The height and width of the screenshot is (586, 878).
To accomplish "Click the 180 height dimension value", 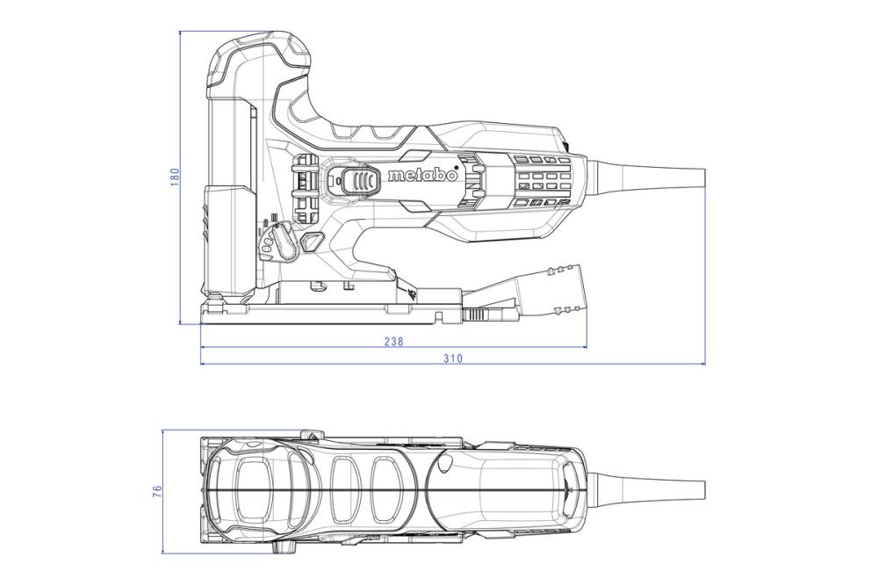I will (174, 177).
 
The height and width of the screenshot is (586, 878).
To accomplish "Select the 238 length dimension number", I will (394, 342).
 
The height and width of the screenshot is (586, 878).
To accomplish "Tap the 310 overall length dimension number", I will (452, 358).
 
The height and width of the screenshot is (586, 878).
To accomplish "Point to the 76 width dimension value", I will (158, 492).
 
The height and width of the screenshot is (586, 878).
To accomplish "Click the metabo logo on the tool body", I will (422, 176).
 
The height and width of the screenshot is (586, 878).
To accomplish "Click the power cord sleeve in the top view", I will (650, 488).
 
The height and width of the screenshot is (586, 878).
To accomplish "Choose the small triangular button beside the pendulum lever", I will (311, 242).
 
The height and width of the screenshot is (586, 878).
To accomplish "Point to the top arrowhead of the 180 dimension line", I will (181, 34).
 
